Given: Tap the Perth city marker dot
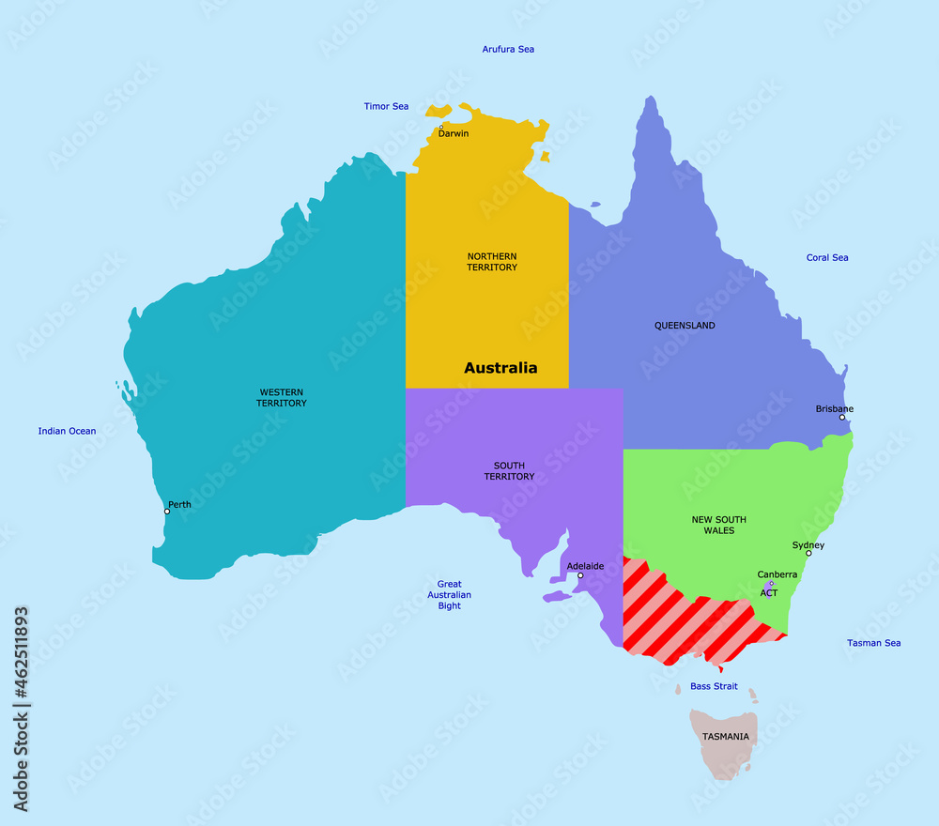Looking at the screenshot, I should pyautogui.click(x=167, y=512).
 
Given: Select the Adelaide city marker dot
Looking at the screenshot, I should pyautogui.click(x=580, y=575).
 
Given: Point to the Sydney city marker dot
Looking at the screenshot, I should pyautogui.click(x=808, y=553).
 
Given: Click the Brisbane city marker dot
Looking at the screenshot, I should pyautogui.click(x=842, y=417).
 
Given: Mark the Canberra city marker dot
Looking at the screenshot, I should pyautogui.click(x=771, y=583).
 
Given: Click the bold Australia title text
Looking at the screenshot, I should pyautogui.click(x=500, y=368).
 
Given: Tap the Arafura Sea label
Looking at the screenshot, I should pyautogui.click(x=508, y=49).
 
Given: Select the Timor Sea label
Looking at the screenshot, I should pyautogui.click(x=386, y=106).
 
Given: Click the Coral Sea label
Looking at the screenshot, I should pyautogui.click(x=827, y=257).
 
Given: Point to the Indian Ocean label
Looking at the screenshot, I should pyautogui.click(x=67, y=431).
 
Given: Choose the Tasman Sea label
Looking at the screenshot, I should pyautogui.click(x=873, y=643).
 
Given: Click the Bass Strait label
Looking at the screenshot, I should pyautogui.click(x=714, y=686).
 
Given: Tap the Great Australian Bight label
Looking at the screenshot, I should pyautogui.click(x=449, y=595).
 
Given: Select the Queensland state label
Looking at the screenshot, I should pyautogui.click(x=685, y=326).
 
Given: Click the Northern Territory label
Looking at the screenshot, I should pyautogui.click(x=492, y=262).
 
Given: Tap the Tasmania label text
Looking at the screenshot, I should pyautogui.click(x=726, y=737).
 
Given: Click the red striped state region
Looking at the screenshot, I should pyautogui.click(x=685, y=615).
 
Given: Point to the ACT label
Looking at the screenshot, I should pyautogui.click(x=769, y=593).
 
